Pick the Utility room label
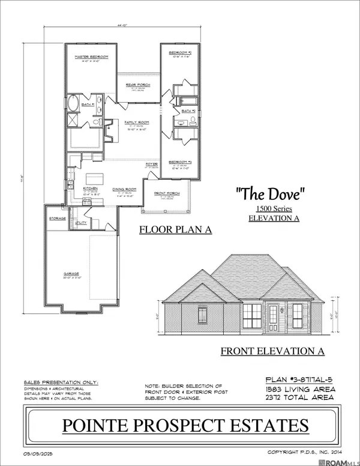[x=81, y=222]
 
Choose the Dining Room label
[x=125, y=189]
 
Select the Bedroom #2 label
[x=179, y=53]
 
